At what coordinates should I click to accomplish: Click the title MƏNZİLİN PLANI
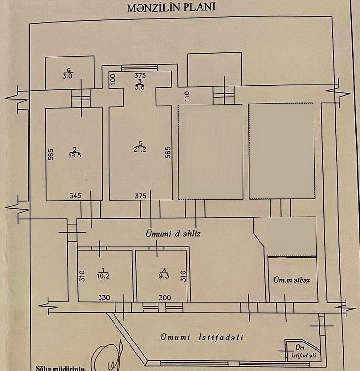click(x=171, y=8)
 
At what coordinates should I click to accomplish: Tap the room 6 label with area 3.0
click(x=68, y=73)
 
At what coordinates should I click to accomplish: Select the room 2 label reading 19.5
click(x=75, y=153)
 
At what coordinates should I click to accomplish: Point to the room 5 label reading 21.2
click(x=140, y=147)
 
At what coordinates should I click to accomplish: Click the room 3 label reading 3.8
click(x=140, y=85)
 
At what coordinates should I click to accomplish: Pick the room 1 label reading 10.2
click(x=103, y=273)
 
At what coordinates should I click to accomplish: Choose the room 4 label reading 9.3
click(x=164, y=273)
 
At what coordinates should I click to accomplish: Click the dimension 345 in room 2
click(x=75, y=196)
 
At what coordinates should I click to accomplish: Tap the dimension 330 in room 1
click(x=104, y=298)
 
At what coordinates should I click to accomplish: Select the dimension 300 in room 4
click(x=165, y=298)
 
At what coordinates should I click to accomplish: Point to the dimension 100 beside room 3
click(x=113, y=80)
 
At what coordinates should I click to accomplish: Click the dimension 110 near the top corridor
click(x=187, y=96)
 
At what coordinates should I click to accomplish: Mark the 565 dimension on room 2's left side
click(x=51, y=155)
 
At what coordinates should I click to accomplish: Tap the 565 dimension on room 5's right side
click(x=168, y=153)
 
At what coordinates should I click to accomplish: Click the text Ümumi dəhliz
click(x=173, y=234)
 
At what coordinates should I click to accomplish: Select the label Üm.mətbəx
click(x=292, y=280)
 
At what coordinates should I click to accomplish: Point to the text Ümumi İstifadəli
click(x=202, y=337)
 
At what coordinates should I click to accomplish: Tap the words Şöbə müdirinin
click(x=60, y=368)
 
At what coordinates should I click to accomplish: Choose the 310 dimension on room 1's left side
click(x=81, y=276)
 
